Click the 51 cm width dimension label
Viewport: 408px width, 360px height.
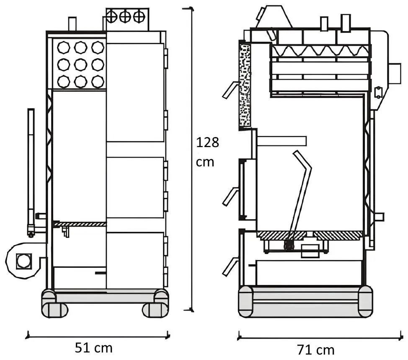tap(94, 348)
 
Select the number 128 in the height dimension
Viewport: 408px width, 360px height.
tap(208, 143)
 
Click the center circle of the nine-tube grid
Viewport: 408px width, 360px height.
tap(80, 65)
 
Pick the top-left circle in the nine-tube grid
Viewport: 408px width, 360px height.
tap(63, 48)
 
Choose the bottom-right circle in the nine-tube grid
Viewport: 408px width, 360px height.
tap(98, 82)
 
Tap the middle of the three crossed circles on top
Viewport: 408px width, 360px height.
tap(125, 17)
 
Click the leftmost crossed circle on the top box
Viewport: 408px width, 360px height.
tap(112, 17)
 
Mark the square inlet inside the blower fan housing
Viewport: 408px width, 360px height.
tap(23, 261)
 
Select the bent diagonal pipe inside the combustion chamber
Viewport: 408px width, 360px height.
tap(301, 193)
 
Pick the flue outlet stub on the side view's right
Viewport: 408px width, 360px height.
tap(395, 74)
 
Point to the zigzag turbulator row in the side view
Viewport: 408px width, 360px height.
tap(320, 51)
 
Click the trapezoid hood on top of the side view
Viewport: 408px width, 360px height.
tap(274, 17)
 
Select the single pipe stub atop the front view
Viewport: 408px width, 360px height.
tap(72, 24)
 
